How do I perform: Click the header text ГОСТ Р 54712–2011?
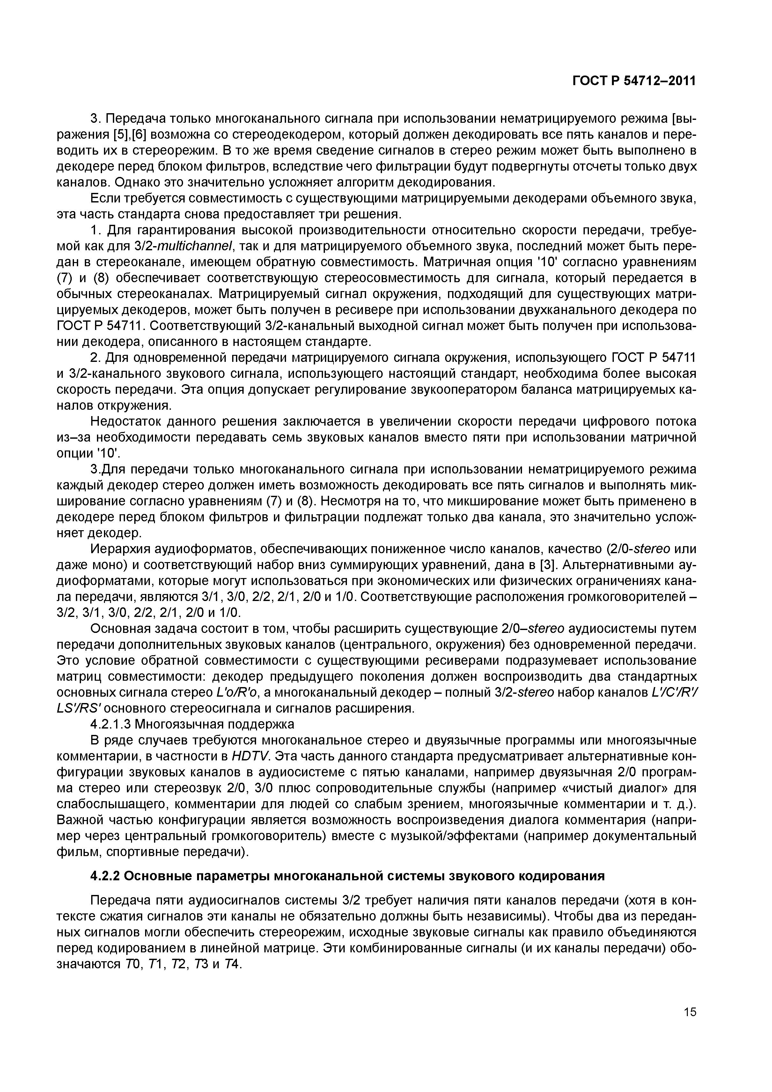634,81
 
